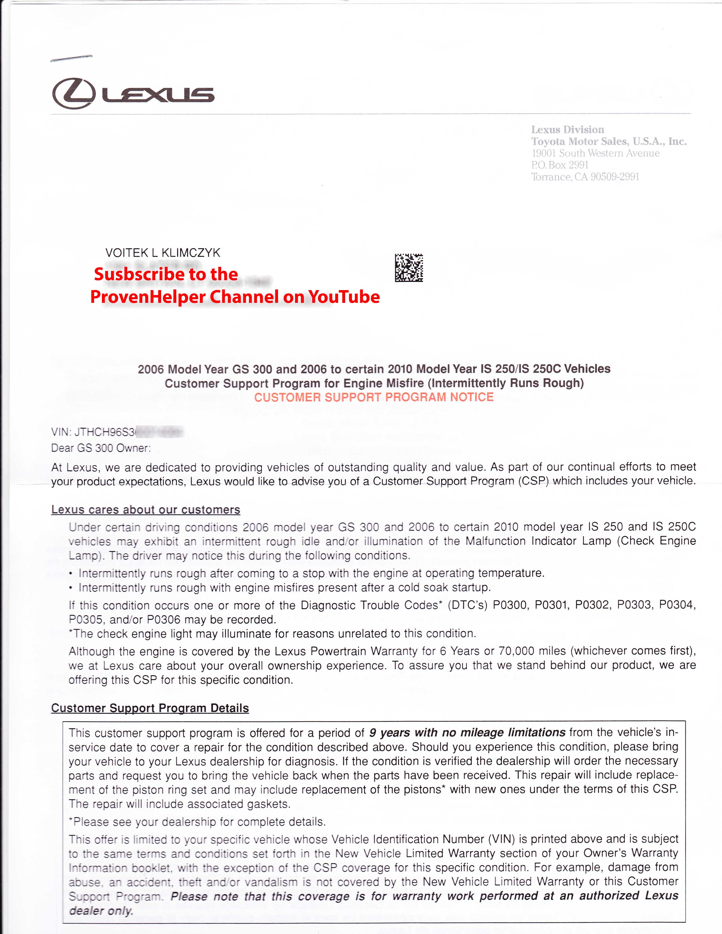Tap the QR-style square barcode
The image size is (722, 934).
pos(409,268)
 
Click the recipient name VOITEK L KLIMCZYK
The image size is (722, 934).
pos(163,253)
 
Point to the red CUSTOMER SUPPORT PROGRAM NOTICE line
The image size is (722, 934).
pos(374,397)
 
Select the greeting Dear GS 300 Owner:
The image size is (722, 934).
pos(101,448)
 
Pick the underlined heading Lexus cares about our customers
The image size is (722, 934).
pos(146,510)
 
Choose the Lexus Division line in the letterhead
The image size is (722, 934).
pos(568,130)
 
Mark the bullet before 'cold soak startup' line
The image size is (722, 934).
pos(71,588)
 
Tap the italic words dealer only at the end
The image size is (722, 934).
pos(101,911)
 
